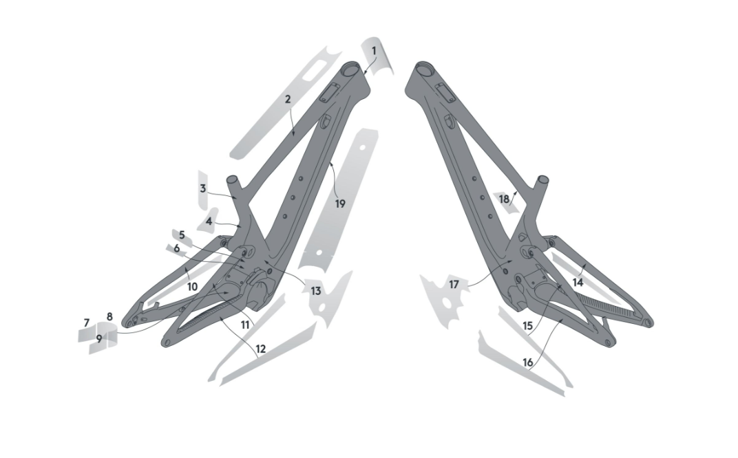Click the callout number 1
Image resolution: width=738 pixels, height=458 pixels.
pos(374,51)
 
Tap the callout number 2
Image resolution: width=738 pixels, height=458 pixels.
pos(288,99)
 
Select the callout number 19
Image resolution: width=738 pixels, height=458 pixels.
pos(340,204)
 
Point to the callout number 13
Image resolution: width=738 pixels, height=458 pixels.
pos(315,291)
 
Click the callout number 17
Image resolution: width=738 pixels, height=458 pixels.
pos(454,284)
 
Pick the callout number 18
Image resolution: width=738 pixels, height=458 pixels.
pos(505,199)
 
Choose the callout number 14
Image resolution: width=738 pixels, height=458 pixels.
pos(578,282)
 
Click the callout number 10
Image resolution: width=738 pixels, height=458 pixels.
pos(192,285)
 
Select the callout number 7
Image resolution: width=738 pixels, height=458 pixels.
pos(87,323)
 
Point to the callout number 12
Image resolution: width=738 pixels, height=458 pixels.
pos(260,349)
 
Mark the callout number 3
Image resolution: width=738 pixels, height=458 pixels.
pos(203,188)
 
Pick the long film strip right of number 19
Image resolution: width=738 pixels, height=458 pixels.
pos(337,206)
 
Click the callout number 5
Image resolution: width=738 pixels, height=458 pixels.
pos(182,234)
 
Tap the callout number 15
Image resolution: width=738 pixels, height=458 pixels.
pos(528,325)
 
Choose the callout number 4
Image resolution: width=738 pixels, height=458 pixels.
pos(209,221)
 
